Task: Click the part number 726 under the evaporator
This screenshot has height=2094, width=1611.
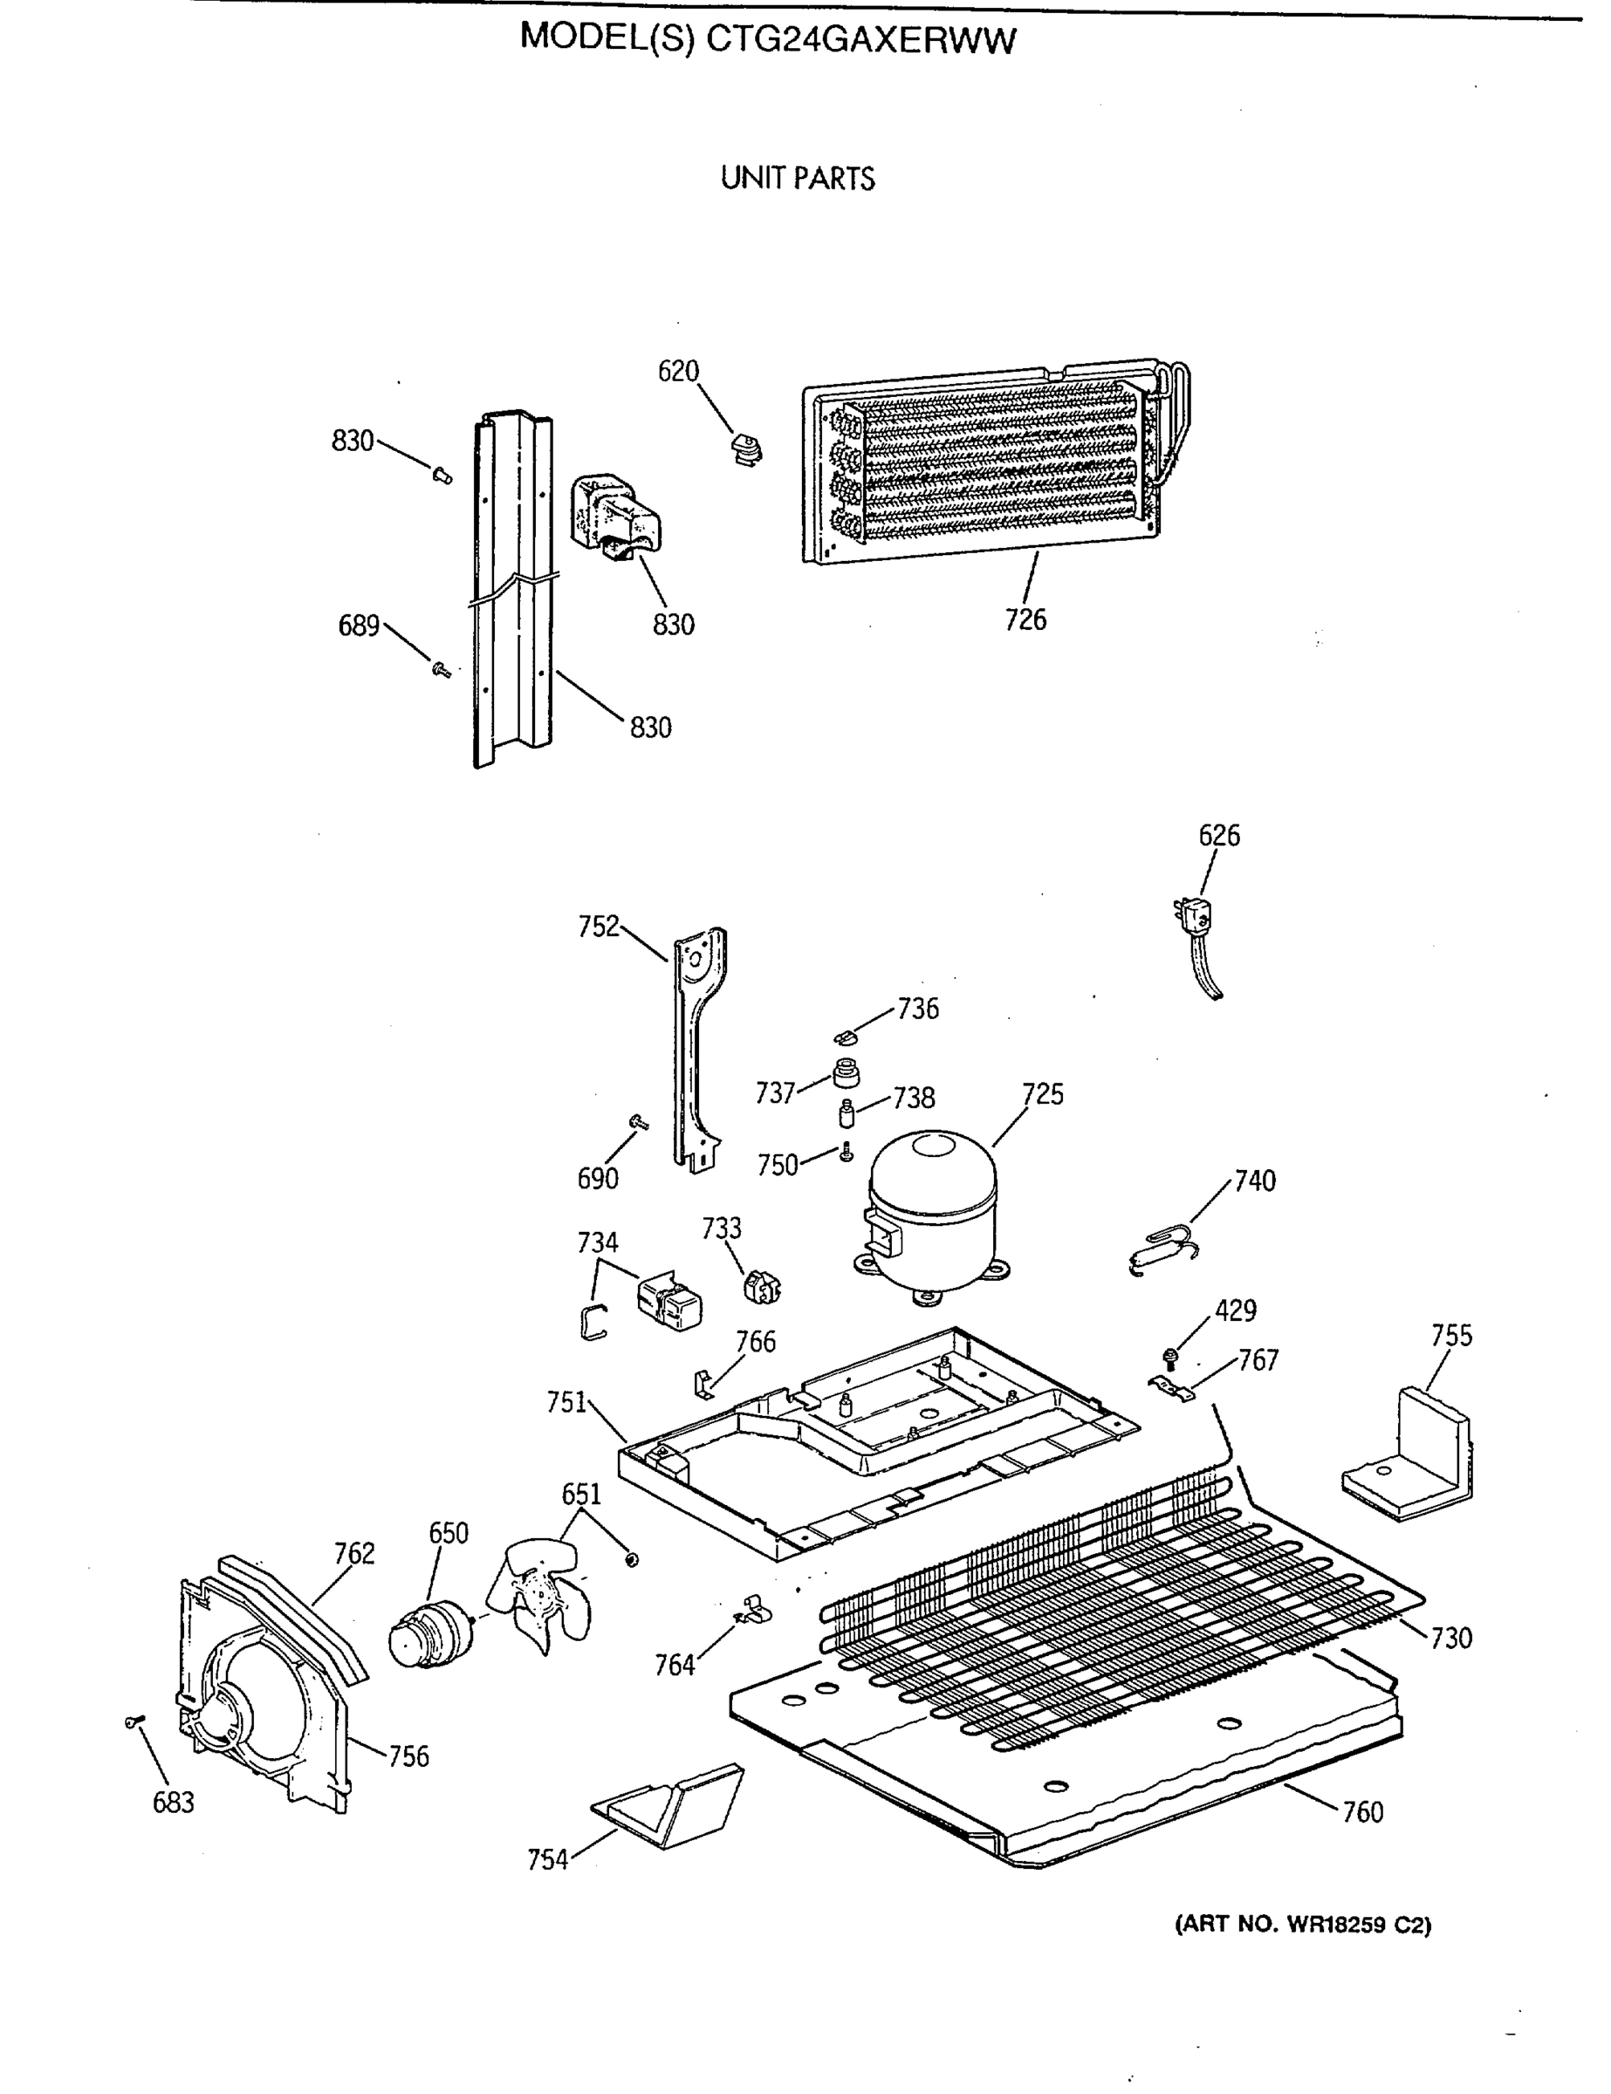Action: click(1025, 620)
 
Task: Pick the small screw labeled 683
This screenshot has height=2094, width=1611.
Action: click(134, 1722)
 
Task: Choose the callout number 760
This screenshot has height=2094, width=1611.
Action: click(1361, 1812)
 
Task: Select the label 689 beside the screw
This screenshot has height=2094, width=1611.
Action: click(359, 626)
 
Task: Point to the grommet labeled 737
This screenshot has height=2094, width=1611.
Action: click(846, 1073)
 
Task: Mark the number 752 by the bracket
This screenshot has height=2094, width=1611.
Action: click(599, 927)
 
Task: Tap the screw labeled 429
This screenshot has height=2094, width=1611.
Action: click(1171, 1356)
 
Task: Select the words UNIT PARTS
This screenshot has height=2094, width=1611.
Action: click(798, 179)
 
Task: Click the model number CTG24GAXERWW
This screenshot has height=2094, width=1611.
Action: click(860, 40)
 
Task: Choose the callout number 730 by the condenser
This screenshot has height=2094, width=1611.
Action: click(1450, 1638)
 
